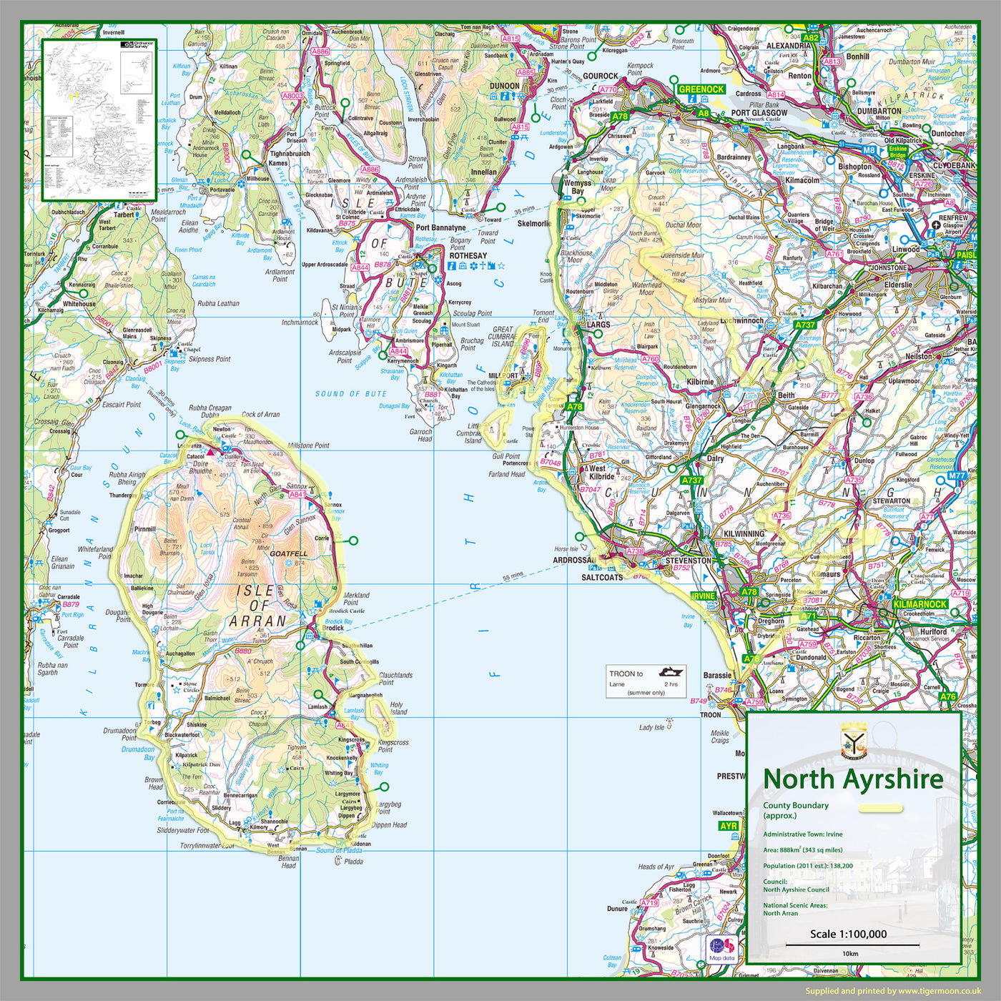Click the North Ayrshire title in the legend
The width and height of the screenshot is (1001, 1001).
click(853, 779)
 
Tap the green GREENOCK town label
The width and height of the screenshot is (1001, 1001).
click(701, 89)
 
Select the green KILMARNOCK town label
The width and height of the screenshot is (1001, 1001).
click(920, 604)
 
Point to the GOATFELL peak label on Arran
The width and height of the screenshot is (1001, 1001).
click(289, 553)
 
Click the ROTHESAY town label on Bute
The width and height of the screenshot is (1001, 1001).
click(468, 255)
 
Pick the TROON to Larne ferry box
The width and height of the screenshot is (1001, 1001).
click(646, 682)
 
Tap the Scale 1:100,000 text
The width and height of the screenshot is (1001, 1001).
click(848, 934)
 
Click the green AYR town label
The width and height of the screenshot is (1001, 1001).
click(729, 826)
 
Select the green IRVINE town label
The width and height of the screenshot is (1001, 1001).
click(703, 596)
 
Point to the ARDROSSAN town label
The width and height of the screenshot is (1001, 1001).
click(574, 560)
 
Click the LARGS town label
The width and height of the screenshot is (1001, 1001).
click(598, 325)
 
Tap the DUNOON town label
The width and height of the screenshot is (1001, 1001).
click(504, 86)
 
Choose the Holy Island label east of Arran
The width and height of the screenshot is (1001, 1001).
click(398, 708)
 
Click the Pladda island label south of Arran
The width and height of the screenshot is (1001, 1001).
click(353, 862)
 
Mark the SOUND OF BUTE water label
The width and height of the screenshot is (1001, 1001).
click(350, 394)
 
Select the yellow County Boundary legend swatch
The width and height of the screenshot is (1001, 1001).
click(881, 809)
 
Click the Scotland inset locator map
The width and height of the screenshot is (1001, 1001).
click(99, 119)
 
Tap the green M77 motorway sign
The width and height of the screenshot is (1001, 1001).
click(957, 475)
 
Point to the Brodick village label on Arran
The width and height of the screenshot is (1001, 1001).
click(332, 628)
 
